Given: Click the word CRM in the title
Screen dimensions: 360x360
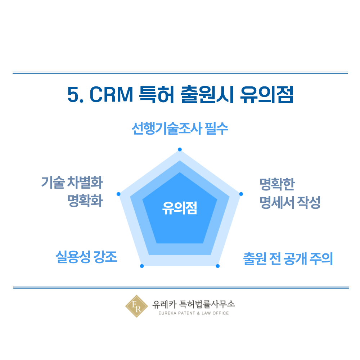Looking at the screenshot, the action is click(x=111, y=94).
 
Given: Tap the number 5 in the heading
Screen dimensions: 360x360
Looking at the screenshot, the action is click(x=73, y=94).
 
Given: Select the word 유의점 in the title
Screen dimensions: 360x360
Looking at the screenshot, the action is click(x=266, y=94).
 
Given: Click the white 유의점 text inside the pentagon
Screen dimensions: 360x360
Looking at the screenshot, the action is click(x=180, y=208).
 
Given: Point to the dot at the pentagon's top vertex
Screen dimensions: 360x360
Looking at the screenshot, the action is click(x=180, y=149).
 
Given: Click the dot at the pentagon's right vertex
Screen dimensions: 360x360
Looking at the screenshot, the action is click(x=241, y=194).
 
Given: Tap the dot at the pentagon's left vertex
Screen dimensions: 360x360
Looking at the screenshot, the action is click(x=118, y=194).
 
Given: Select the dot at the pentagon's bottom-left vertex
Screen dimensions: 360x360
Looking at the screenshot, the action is click(x=142, y=266).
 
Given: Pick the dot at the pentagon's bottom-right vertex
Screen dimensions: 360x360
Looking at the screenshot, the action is click(x=218, y=266).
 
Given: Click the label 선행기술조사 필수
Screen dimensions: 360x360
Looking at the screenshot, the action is click(x=180, y=129).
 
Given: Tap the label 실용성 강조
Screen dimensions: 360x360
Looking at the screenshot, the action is click(x=86, y=257).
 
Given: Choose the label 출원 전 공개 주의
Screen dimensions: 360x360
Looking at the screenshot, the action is click(x=288, y=259).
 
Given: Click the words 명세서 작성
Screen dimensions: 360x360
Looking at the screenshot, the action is click(x=290, y=202).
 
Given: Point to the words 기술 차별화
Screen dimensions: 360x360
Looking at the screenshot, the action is click(x=72, y=183).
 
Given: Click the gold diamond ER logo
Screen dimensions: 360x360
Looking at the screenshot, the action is click(x=136, y=306).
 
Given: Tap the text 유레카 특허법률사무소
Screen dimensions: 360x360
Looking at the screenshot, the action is click(x=194, y=304).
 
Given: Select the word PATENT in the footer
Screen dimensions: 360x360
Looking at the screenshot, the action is click(x=186, y=313).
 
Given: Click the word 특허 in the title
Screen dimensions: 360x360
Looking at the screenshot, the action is click(x=156, y=94).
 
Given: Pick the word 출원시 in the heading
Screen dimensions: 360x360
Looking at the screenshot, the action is click(x=207, y=94).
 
